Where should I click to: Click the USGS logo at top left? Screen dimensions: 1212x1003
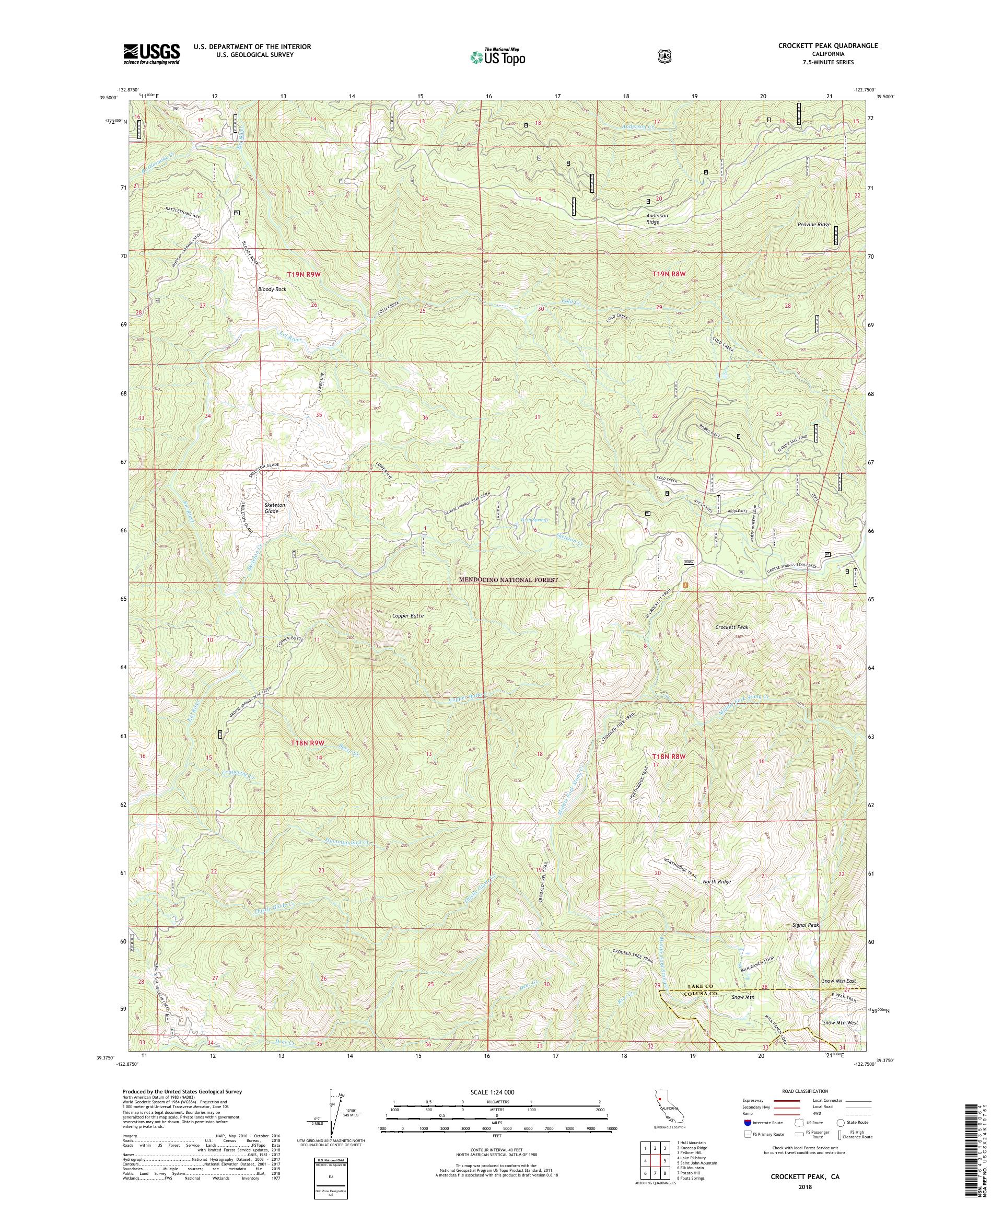(x=150, y=54)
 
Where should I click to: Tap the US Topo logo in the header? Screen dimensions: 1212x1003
(x=497, y=56)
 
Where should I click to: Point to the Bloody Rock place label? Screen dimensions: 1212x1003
(x=272, y=288)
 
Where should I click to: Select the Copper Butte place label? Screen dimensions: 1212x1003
(x=408, y=616)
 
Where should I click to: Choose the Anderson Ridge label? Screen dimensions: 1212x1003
(x=657, y=219)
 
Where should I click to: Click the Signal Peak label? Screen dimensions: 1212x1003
(x=806, y=941)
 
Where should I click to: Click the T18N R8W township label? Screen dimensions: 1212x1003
(x=668, y=756)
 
